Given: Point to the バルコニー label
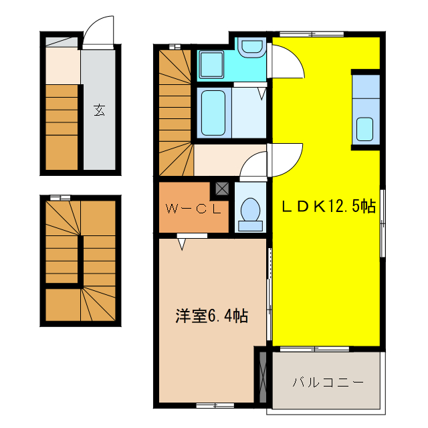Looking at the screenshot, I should (x=328, y=383).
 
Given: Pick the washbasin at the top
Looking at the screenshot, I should (x=252, y=48).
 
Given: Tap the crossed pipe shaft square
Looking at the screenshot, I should (x=222, y=189).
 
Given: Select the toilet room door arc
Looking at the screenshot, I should (x=254, y=165).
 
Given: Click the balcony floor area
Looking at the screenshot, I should (x=328, y=395).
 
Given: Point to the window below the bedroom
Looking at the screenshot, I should (x=215, y=405).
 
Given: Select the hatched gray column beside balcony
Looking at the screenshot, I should (x=261, y=377).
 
